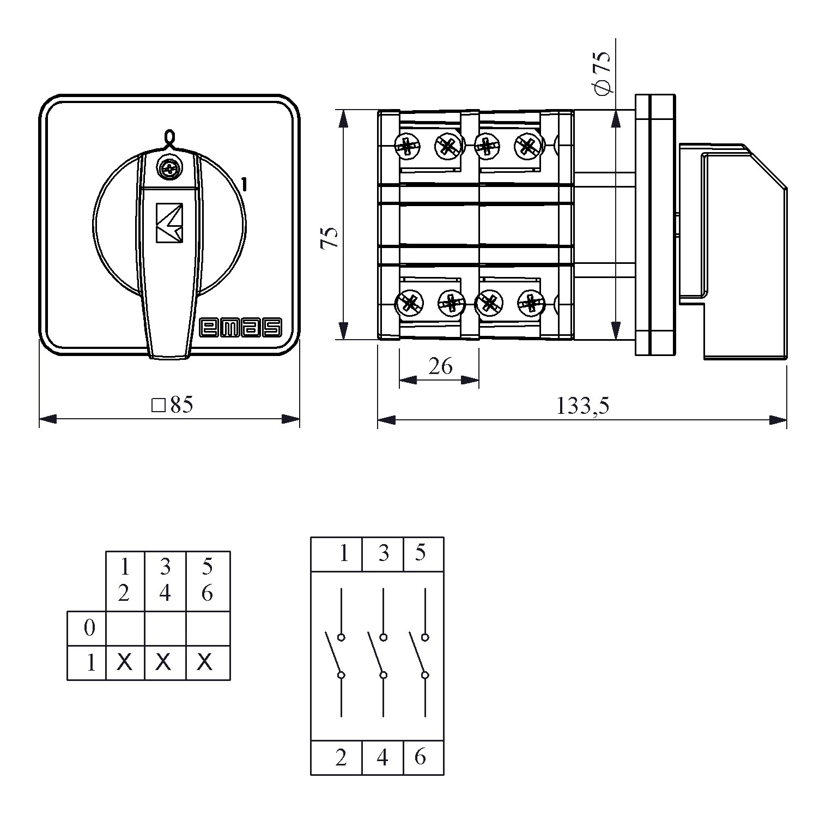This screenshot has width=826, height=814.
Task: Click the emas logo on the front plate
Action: click(x=241, y=327)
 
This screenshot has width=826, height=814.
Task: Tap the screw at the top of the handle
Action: click(x=169, y=168)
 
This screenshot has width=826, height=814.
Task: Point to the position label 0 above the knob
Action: click(x=169, y=137)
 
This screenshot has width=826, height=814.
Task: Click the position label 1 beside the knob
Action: click(x=244, y=185)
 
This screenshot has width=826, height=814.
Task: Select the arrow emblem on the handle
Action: click(x=169, y=222)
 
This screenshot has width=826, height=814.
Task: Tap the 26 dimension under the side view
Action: click(x=440, y=366)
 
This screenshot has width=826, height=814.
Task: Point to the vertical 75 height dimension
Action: click(x=329, y=238)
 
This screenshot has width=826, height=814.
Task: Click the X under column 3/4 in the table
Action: click(x=163, y=662)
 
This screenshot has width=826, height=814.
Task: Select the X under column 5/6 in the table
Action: click(x=204, y=662)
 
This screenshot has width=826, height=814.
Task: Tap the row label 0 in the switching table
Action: click(x=89, y=628)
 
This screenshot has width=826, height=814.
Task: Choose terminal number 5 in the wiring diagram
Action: click(x=420, y=553)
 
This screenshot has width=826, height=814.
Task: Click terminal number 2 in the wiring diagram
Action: click(x=341, y=757)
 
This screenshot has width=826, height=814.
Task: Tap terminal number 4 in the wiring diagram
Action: click(x=382, y=757)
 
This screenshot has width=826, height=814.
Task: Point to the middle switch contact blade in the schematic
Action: click(x=376, y=653)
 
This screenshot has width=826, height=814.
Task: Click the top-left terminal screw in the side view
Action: click(x=408, y=146)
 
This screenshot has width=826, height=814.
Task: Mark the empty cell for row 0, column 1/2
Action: click(x=125, y=629)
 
